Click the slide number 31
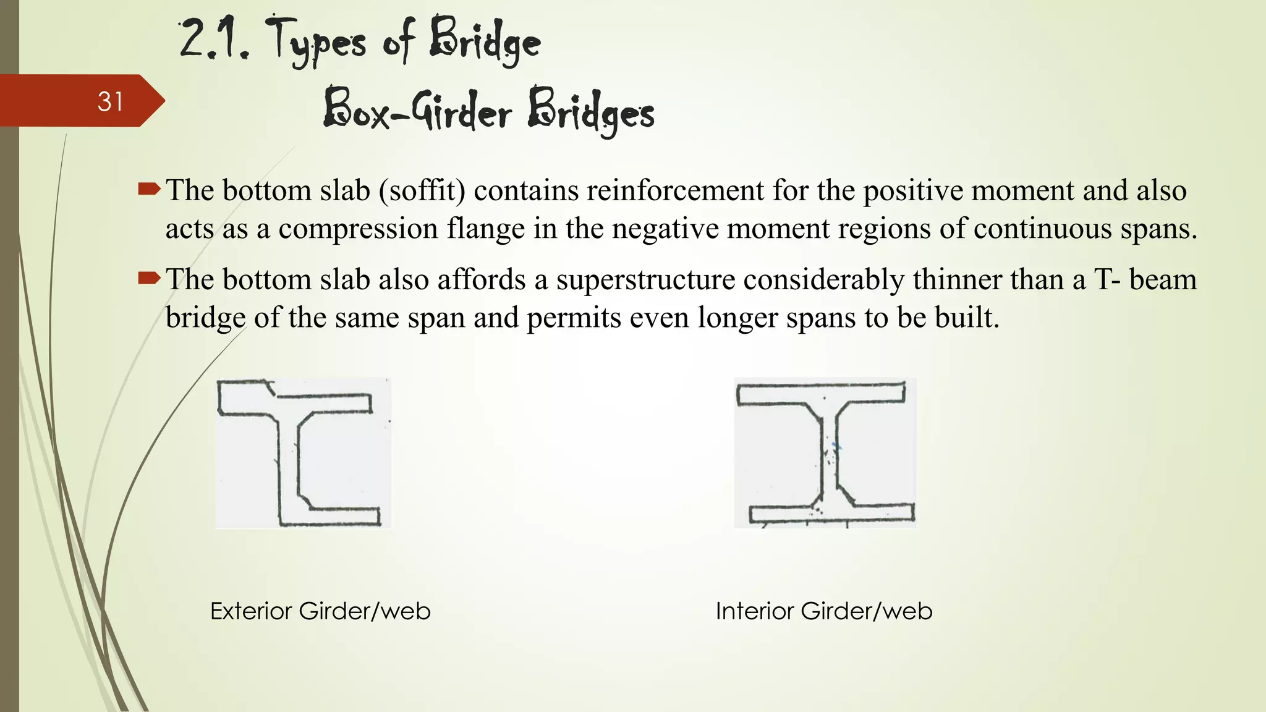pos(110,101)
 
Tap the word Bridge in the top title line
pos(485,41)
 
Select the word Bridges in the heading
pos(590,111)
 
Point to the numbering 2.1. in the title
pos(214,38)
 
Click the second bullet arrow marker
pos(149,278)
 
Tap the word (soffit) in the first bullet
pos(422,190)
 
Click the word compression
pos(359,229)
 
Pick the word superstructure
pos(645,280)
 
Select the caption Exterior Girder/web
pos(320,611)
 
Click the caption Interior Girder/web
pos(823,611)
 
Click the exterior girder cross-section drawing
pos(302,453)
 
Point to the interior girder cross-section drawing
pos(825,453)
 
